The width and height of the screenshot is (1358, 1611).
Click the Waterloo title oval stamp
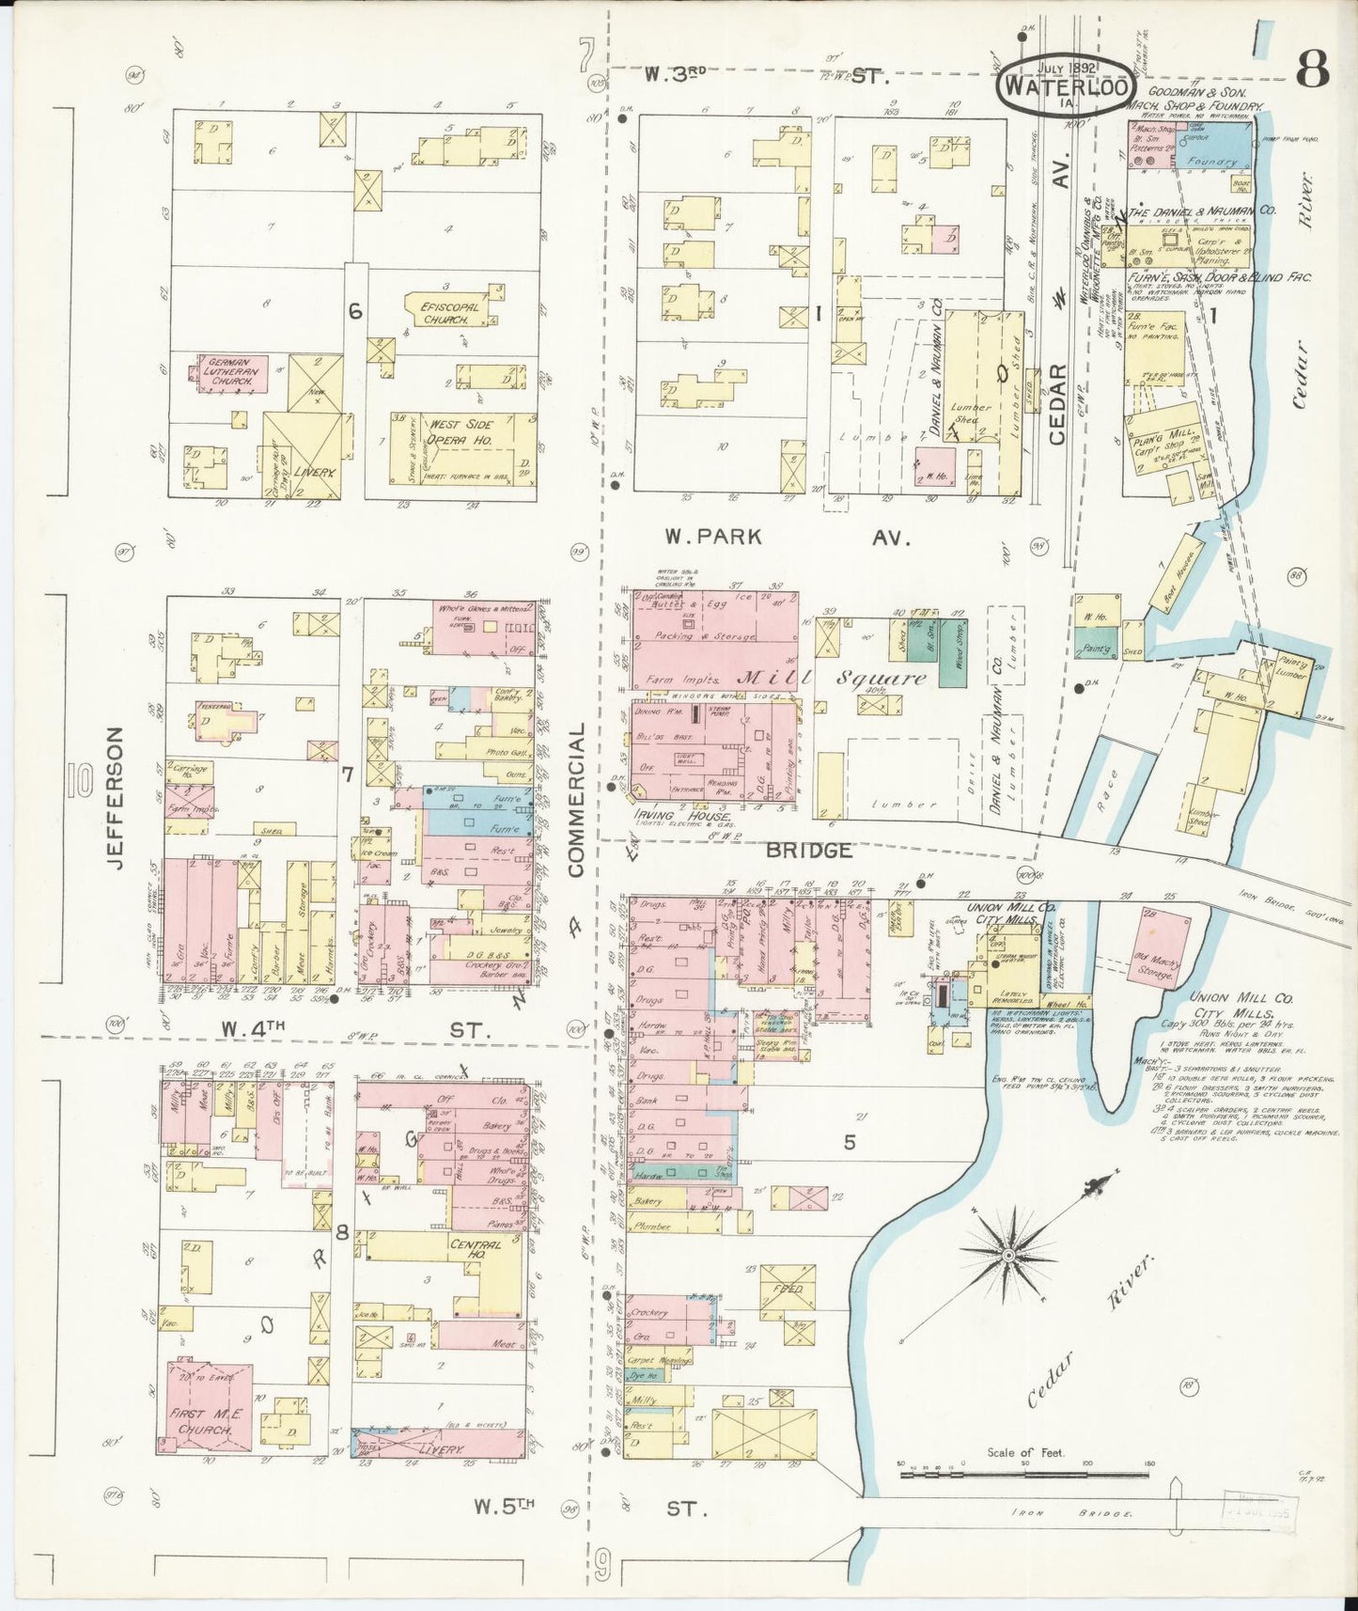coord(1064,83)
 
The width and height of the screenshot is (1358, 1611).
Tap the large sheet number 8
coord(1312,68)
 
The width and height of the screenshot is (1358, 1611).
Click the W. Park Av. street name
coord(788,538)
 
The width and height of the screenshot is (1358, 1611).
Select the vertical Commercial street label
coord(576,799)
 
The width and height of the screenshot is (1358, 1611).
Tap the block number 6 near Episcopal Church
coord(355,311)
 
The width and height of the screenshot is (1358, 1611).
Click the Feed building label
coord(787,1290)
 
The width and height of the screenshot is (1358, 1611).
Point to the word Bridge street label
coord(809,851)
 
